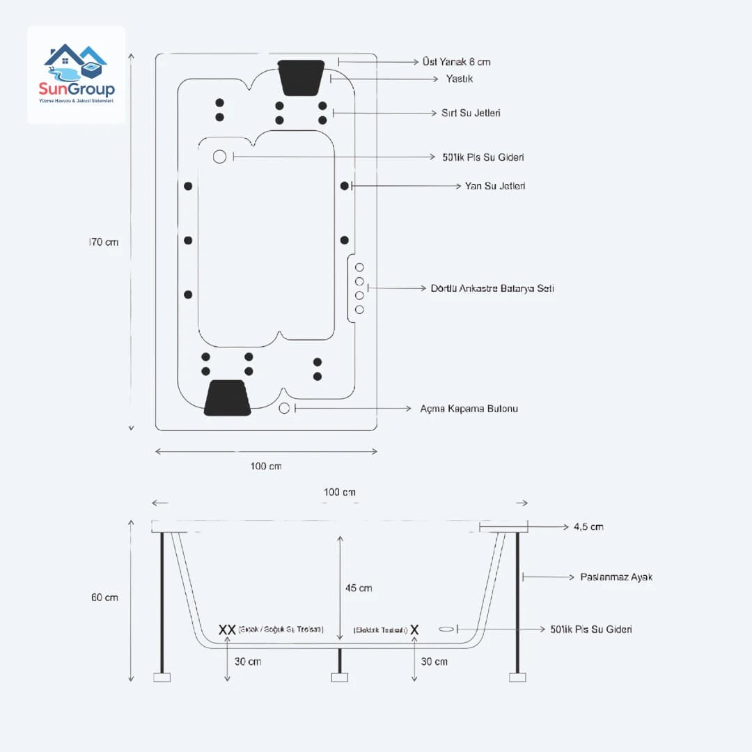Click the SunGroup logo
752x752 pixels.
(77, 75)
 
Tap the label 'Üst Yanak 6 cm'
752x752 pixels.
(456, 62)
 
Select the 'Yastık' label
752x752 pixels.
(460, 79)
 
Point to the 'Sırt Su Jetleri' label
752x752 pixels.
(471, 113)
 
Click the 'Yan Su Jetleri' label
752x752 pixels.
(495, 186)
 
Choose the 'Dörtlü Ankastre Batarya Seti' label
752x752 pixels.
(492, 288)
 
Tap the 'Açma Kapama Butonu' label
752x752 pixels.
(469, 409)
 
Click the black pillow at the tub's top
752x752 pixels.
(301, 77)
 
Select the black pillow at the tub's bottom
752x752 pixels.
(228, 398)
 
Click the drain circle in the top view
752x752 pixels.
(220, 157)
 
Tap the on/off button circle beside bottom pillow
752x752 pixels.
(284, 408)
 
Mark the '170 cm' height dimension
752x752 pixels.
(104, 242)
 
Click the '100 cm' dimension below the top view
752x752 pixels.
(266, 466)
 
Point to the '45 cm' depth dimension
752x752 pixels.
(359, 588)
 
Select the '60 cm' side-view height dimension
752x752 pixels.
(104, 597)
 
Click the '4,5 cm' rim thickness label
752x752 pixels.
(588, 527)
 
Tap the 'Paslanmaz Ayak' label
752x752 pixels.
(616, 577)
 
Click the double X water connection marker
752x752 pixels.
(227, 629)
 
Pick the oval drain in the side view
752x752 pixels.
(447, 629)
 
